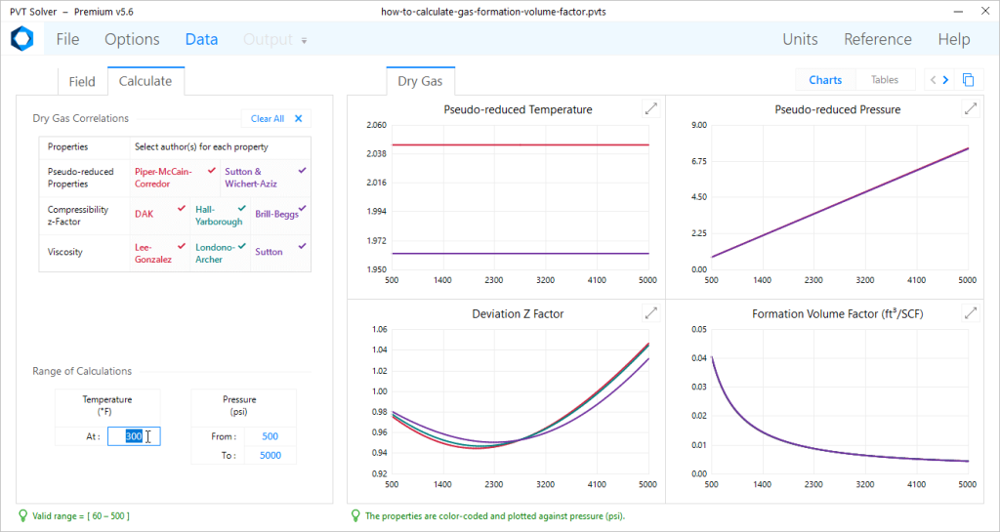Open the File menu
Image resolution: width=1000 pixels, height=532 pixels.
click(x=67, y=40)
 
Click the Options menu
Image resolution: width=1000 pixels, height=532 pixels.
click(x=132, y=40)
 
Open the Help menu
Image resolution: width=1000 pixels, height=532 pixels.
click(x=953, y=40)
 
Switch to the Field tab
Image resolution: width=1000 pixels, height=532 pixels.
click(x=81, y=81)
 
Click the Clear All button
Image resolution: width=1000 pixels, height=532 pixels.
click(x=276, y=119)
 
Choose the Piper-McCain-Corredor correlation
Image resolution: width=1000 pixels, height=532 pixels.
click(x=163, y=177)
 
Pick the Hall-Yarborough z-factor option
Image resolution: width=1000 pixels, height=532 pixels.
click(x=220, y=215)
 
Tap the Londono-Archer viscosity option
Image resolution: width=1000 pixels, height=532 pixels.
click(x=217, y=253)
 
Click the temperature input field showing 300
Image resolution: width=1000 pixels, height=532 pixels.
click(x=134, y=436)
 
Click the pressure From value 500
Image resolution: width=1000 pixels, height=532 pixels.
click(x=270, y=436)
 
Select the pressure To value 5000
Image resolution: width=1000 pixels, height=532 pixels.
click(x=270, y=455)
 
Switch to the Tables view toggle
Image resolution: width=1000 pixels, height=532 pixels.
click(x=884, y=80)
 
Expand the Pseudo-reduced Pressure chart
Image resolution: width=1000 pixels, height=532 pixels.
click(x=970, y=109)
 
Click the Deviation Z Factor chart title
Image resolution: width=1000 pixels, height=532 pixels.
click(x=518, y=313)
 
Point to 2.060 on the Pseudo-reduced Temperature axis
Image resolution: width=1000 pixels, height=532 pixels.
click(x=376, y=125)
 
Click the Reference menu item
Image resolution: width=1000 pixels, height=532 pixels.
click(x=877, y=40)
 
